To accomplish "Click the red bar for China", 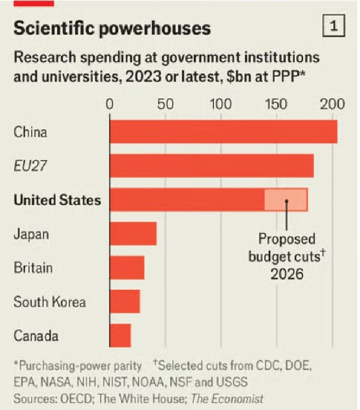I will [x=223, y=131].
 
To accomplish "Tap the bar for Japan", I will [x=133, y=233].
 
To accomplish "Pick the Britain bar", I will [x=127, y=267].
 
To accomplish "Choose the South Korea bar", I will [x=124, y=301].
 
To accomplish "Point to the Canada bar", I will [x=120, y=335].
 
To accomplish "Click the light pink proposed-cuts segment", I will [x=286, y=199].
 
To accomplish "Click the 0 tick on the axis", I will [x=109, y=103].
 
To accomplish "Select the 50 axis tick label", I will [x=164, y=103].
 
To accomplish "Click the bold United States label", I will [x=57, y=200].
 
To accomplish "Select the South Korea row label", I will [x=50, y=301].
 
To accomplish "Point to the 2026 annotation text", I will [x=287, y=274].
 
